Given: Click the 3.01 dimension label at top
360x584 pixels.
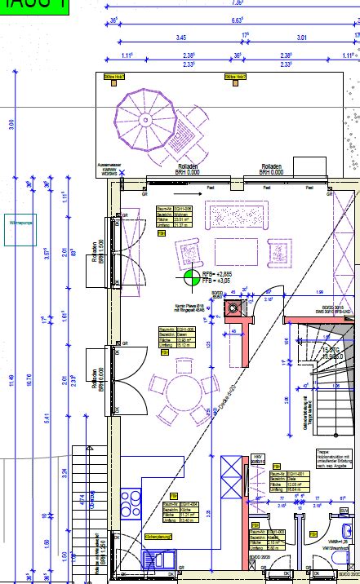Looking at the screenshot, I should point(301,38).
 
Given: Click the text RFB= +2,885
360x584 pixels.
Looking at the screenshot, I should point(216,272).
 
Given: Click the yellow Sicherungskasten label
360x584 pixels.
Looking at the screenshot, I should point(159,538).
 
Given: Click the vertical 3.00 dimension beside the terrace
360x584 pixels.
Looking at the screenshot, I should point(11,125).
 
